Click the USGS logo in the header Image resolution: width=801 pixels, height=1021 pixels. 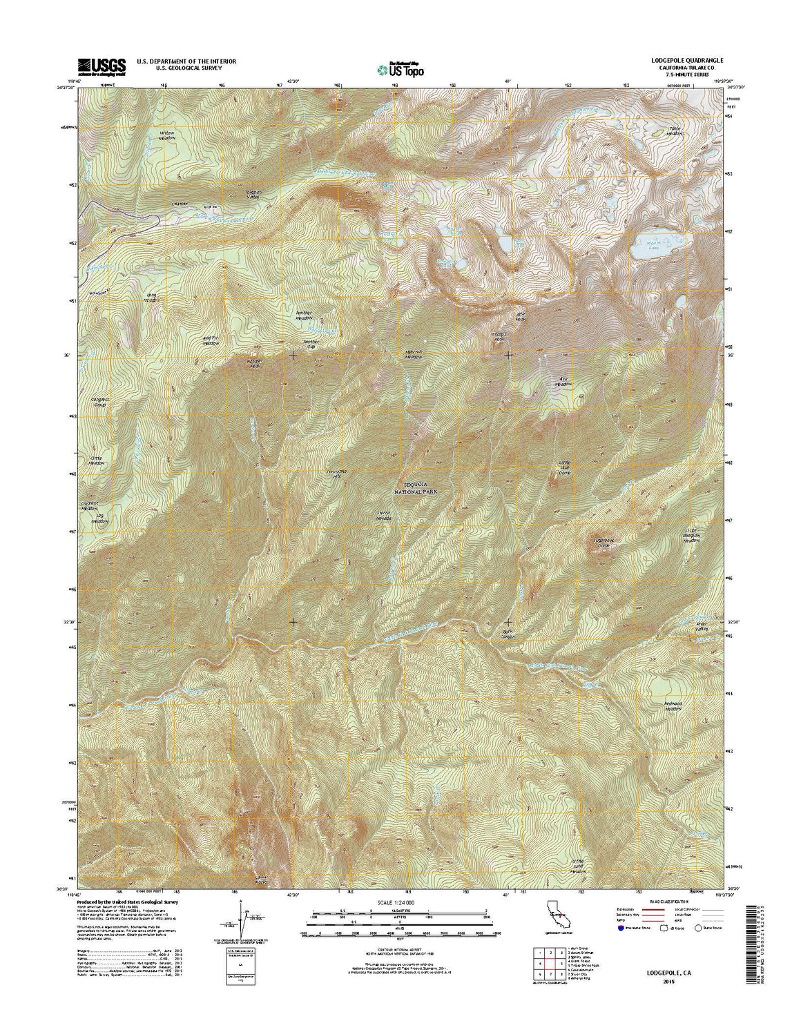[x=102, y=66]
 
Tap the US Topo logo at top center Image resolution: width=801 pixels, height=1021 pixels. [x=400, y=68]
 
